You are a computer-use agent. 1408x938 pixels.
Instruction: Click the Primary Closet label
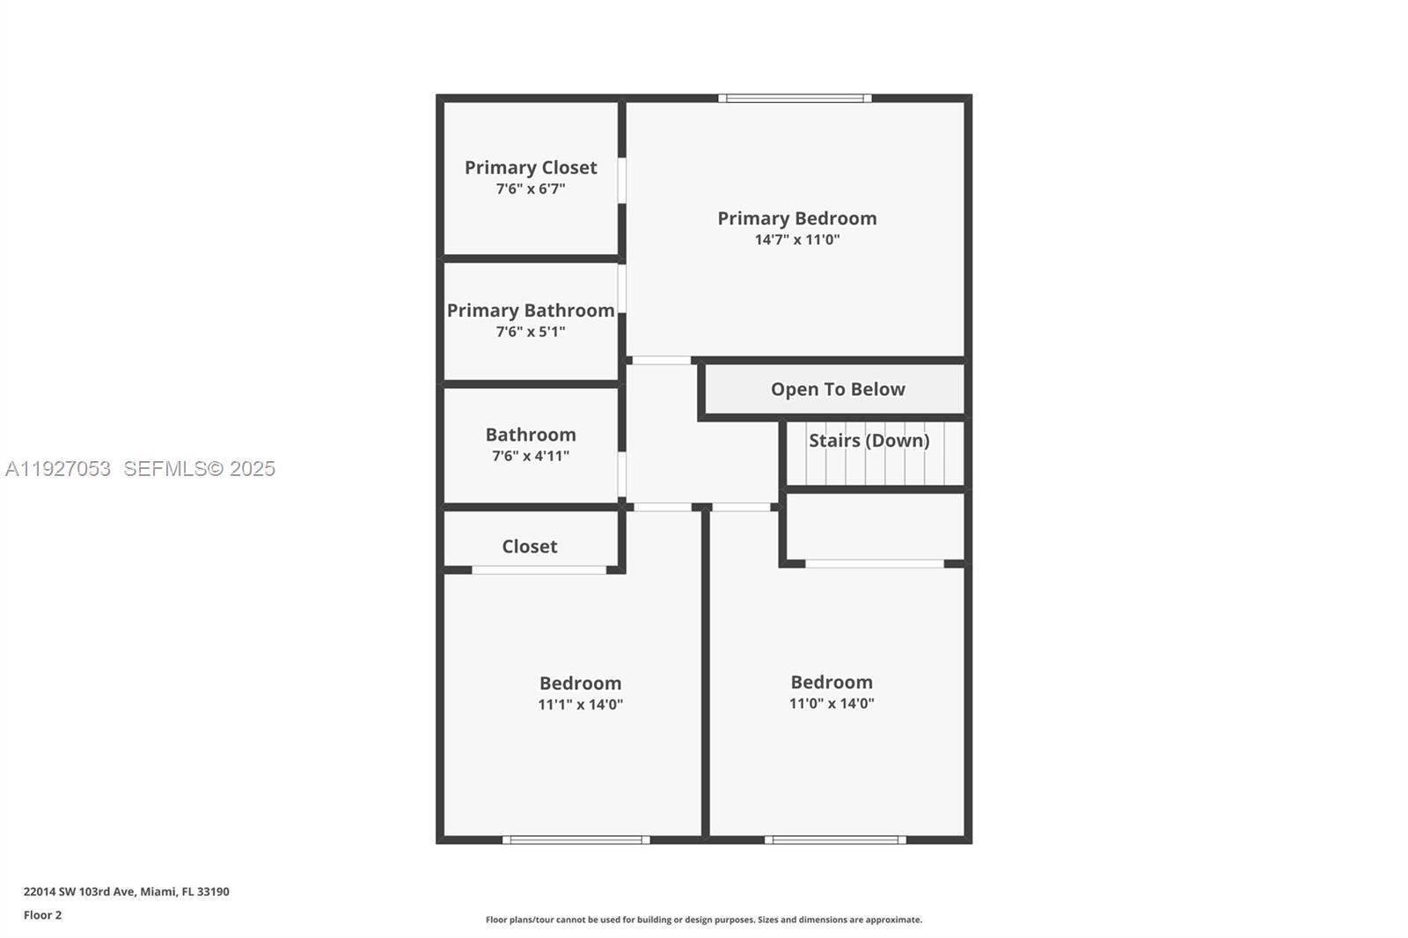point(531,167)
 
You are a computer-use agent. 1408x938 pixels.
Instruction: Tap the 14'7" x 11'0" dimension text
point(796,239)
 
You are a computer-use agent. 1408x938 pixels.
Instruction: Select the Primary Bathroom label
point(531,311)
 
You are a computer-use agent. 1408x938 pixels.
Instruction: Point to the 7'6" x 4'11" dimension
point(531,456)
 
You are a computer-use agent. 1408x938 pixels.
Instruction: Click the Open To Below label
point(838,389)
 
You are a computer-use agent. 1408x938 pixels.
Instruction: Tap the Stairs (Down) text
point(869,440)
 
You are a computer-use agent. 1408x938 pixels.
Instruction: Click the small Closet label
point(530,546)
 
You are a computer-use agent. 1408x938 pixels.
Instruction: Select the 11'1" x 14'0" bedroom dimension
point(580,704)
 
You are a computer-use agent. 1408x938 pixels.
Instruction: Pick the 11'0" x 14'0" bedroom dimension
point(831,703)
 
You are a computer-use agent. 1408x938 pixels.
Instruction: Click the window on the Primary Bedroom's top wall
point(795,99)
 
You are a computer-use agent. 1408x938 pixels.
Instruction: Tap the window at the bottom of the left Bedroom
point(576,839)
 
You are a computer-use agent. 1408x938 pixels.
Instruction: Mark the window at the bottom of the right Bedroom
point(835,839)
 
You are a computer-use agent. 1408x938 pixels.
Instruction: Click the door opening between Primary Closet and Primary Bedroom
point(621,180)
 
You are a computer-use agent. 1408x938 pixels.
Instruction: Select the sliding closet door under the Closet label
point(539,570)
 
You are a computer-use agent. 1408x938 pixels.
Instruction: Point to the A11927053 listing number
point(58,469)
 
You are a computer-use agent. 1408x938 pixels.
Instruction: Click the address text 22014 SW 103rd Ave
point(79,891)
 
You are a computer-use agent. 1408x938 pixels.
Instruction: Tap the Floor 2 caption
point(42,915)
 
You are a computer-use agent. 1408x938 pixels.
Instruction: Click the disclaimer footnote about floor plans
point(704,920)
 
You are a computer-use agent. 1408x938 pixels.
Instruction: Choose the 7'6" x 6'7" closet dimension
point(531,188)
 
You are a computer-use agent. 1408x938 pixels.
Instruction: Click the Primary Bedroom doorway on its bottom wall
point(662,360)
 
